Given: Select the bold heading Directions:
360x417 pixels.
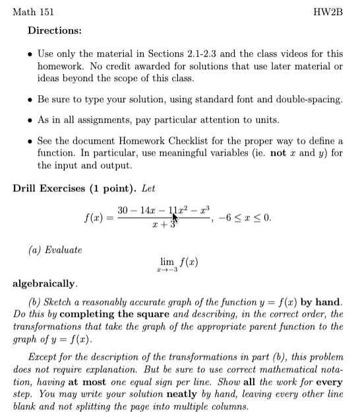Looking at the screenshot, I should tap(55, 31).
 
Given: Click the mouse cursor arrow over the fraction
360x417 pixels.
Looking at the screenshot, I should tap(175, 212).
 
